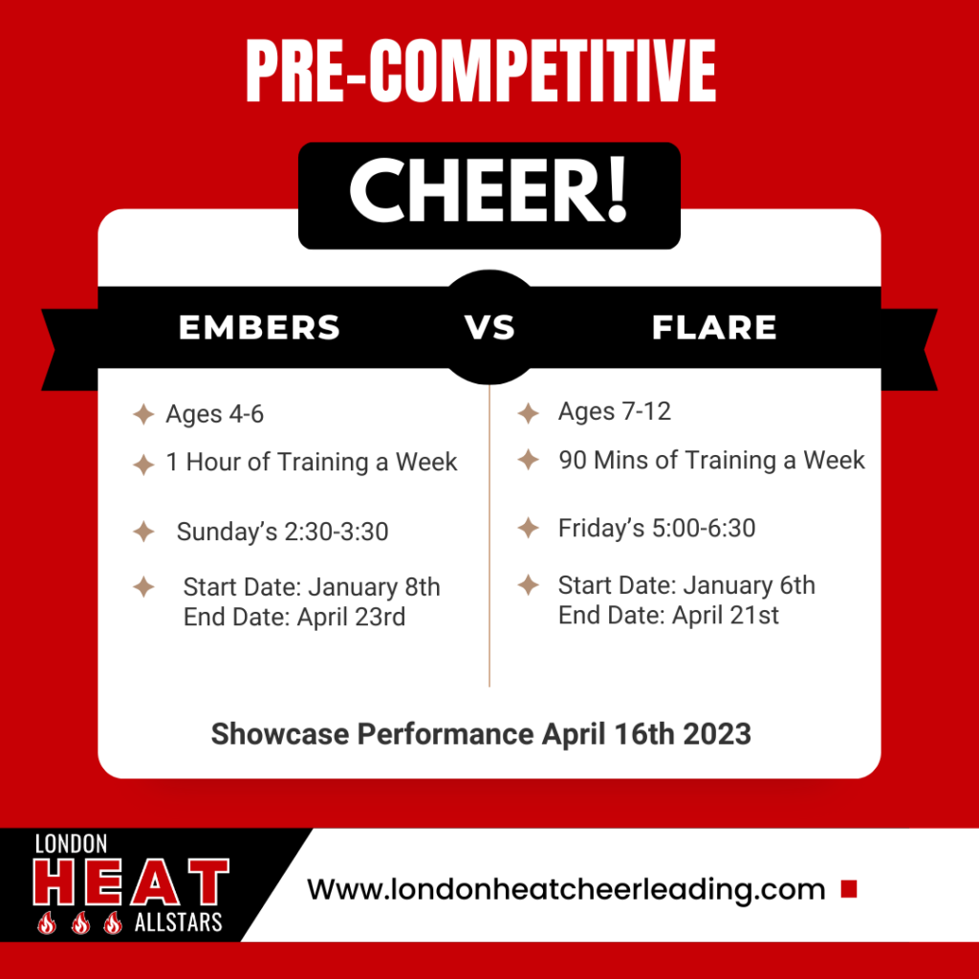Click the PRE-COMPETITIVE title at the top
point(481,71)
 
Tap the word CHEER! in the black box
point(489,190)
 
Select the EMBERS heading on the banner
point(260,327)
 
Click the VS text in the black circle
point(489,327)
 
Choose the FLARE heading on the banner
point(714,327)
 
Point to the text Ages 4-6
point(215,415)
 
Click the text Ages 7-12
point(615,412)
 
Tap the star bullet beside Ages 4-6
point(143,414)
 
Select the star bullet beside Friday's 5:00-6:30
point(528,528)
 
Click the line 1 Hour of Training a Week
point(312,463)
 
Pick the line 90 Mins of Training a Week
point(711,461)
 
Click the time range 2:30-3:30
point(336,532)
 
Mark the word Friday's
point(601,529)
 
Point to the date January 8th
point(375,588)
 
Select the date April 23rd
point(351,618)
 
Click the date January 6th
point(750,586)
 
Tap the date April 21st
point(726,616)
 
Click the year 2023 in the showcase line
point(717,734)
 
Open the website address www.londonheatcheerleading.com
point(566,889)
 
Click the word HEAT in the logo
point(131,881)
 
